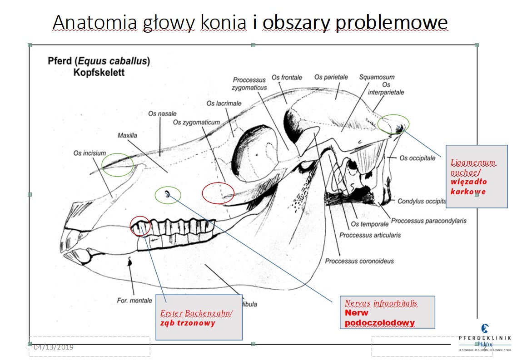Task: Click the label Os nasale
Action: tap(162, 113)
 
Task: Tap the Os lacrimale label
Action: tap(224, 104)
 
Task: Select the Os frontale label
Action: tap(287, 78)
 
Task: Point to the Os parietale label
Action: tap(331, 78)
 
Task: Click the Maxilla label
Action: tap(127, 135)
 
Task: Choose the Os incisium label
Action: tap(90, 153)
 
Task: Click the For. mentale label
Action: tap(134, 301)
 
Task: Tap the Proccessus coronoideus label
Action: tap(359, 261)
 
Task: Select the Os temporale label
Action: tap(370, 224)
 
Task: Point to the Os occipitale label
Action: tap(418, 158)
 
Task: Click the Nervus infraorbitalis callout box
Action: tap(387, 312)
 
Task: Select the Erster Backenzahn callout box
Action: tap(199, 317)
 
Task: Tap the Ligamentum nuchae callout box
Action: tap(476, 176)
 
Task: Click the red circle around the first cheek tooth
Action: tap(140, 226)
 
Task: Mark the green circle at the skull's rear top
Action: tap(393, 124)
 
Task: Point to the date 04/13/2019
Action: tap(54, 347)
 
